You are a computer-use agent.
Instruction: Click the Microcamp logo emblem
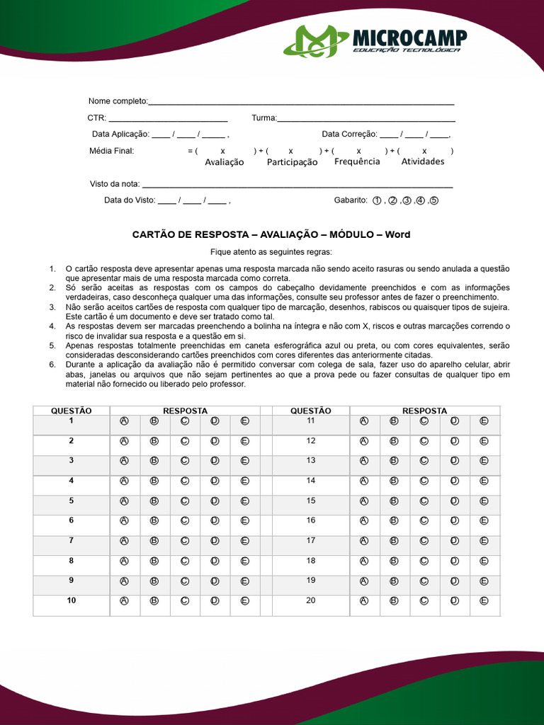tap(315, 42)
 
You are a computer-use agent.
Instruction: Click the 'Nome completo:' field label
tap(118, 101)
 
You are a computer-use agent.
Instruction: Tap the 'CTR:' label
tap(97, 118)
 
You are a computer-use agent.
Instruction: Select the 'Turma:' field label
tap(264, 118)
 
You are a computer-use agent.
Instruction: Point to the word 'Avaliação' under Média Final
tap(224, 162)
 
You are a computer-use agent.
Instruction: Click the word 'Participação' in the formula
tap(292, 162)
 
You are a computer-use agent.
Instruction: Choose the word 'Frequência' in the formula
tap(357, 161)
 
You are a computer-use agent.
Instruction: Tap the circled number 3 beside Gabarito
tap(407, 200)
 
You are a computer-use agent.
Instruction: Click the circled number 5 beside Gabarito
tap(434, 200)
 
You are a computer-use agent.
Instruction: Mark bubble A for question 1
tap(125, 421)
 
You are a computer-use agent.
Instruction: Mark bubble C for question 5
tap(185, 501)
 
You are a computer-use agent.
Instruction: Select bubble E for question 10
tap(245, 601)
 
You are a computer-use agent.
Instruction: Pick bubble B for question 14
tap(395, 481)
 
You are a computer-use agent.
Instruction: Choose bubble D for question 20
tap(455, 601)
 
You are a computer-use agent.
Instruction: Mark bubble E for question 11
tap(484, 421)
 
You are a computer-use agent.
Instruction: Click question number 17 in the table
tap(311, 540)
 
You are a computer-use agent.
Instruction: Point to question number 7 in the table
tap(71, 540)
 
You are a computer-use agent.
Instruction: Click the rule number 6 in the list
tap(52, 365)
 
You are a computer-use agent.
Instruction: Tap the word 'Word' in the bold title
tap(397, 234)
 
